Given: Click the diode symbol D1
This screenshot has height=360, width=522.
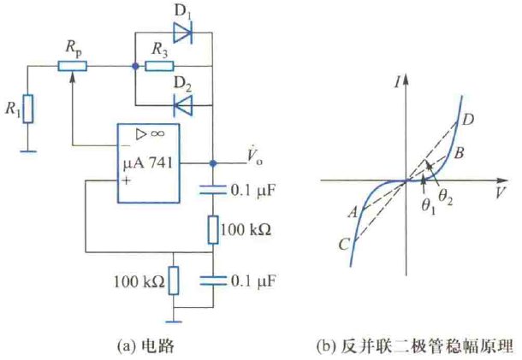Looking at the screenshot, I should (x=182, y=33).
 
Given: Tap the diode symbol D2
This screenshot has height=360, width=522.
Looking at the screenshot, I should (x=182, y=103).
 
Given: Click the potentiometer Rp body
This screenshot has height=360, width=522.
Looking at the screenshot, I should (x=73, y=66).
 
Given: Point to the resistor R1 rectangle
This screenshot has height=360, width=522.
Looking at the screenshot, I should (x=28, y=109).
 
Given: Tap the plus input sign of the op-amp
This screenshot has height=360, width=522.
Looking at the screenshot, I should (x=128, y=181).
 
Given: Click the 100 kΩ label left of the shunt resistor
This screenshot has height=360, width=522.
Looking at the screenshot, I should (x=138, y=280).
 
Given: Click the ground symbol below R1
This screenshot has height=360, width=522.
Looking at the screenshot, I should (x=28, y=151).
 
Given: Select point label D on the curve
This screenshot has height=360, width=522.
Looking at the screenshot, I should (x=466, y=121).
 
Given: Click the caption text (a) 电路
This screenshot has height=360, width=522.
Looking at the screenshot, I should (x=147, y=345).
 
